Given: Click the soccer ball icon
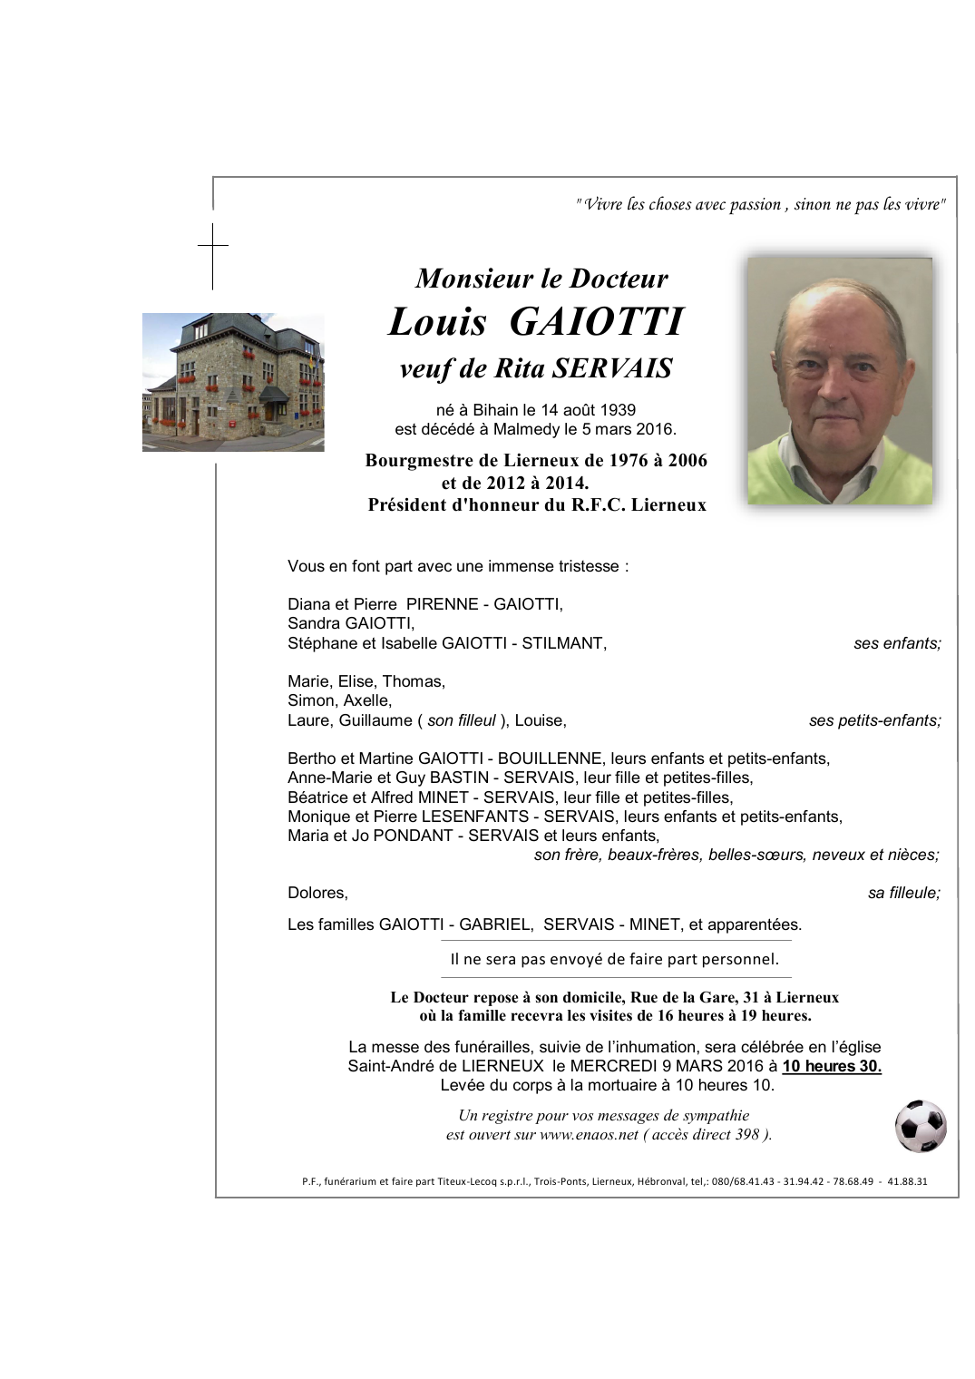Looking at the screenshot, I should point(921,1126).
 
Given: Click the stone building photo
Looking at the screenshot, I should point(233,382).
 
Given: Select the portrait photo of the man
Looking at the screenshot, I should point(839,381).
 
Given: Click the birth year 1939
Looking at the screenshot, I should point(629,410).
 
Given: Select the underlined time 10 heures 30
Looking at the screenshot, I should point(832,1066).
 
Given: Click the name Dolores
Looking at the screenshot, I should point(317,893).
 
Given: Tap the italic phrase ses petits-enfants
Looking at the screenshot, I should point(874,720).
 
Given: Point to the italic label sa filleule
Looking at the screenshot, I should point(903,893).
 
